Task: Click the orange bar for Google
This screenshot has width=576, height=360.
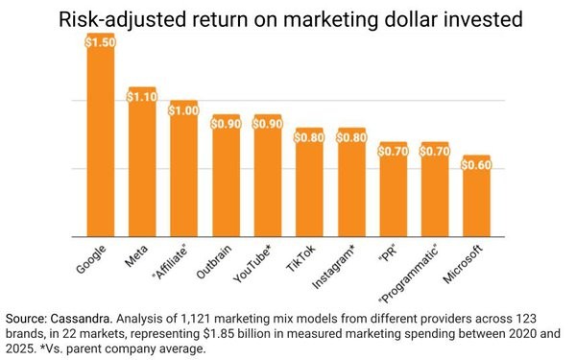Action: click(101, 144)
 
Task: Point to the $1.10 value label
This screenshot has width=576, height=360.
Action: click(142, 96)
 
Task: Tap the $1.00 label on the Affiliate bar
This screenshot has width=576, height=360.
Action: click(184, 110)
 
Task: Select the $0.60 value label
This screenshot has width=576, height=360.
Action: click(476, 165)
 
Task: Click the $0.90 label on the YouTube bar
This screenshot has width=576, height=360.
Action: click(268, 124)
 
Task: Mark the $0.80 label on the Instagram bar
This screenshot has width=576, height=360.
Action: click(351, 137)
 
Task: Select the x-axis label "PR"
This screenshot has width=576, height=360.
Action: click(388, 256)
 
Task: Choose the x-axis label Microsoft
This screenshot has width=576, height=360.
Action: click(466, 266)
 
